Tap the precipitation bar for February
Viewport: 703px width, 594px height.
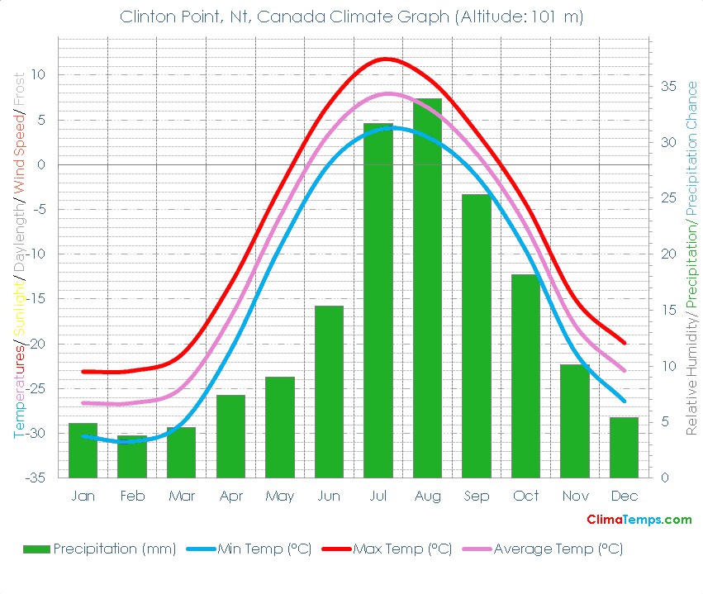(132, 457)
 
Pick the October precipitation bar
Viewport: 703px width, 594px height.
(525, 376)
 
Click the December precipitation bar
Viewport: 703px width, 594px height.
(624, 447)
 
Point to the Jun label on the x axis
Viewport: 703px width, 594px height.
(329, 496)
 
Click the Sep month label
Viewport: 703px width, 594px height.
(477, 496)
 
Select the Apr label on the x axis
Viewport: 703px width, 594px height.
(230, 496)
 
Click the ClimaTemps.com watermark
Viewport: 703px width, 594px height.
(639, 520)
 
